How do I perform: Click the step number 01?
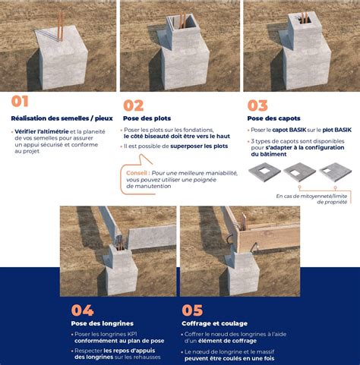tap(20, 102)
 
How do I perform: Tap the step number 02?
tap(134, 105)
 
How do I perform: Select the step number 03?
tap(257, 105)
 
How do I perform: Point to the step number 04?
tap(82, 310)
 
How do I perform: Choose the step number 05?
tap(193, 310)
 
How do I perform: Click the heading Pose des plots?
tap(147, 118)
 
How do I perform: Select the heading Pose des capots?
tap(273, 118)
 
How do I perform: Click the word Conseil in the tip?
tap(137, 172)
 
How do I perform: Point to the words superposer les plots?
tap(199, 146)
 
